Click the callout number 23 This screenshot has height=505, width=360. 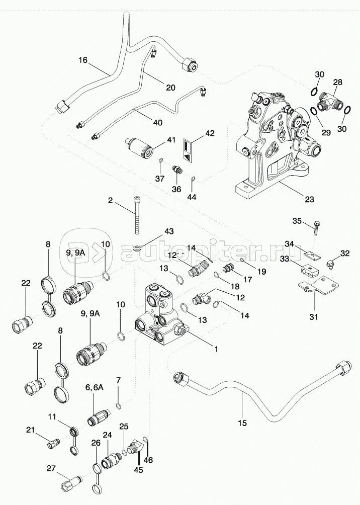309,199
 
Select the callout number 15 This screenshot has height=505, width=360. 242,423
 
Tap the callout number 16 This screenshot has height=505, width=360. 83,60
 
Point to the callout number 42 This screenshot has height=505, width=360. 209,134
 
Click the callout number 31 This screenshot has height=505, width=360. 314,316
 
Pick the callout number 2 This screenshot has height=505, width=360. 110,200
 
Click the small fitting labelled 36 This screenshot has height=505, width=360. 176,170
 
